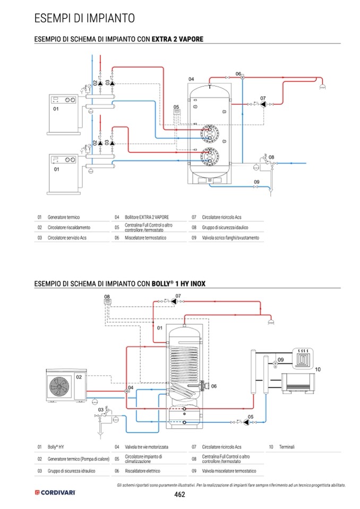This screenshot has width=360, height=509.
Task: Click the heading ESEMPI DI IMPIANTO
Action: (84, 18)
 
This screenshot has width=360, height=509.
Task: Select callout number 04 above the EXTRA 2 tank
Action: (191, 79)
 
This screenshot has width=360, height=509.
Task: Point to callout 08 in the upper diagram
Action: (271, 157)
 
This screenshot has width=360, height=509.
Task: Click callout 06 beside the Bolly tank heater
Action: (214, 386)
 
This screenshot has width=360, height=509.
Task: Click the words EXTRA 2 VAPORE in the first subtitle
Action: (177, 39)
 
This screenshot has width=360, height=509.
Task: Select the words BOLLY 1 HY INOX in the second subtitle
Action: (178, 283)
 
